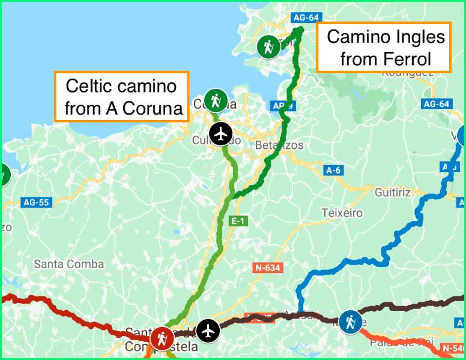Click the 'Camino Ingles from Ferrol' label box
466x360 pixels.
(386, 48)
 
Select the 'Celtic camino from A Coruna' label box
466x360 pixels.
(122, 97)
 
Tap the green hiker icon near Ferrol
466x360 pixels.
(268, 46)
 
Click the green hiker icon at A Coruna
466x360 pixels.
(216, 100)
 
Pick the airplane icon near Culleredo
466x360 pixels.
(222, 134)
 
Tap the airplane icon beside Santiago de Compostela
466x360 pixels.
(208, 330)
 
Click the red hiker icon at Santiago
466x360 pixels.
(162, 338)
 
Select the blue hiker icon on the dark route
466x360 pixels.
(349, 322)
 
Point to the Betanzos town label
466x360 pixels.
(279, 145)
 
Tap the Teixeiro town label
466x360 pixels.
(342, 213)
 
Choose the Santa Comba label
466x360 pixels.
(68, 264)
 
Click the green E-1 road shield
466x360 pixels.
(238, 221)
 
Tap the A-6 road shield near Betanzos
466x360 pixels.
(333, 170)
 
